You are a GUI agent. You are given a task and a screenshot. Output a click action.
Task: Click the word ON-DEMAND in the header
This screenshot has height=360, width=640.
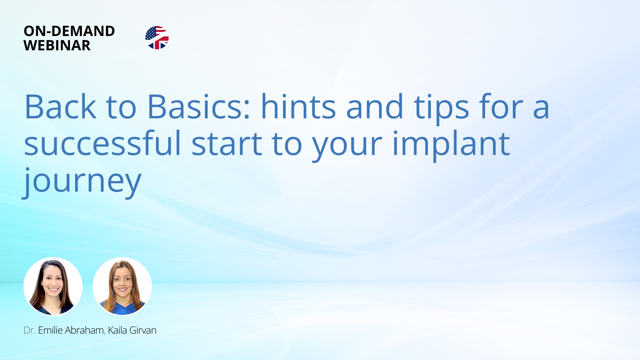tap(69, 31)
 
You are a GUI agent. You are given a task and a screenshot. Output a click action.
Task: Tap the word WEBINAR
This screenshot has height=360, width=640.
tap(57, 45)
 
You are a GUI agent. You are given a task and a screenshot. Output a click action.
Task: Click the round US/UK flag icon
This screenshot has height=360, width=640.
tap(157, 38)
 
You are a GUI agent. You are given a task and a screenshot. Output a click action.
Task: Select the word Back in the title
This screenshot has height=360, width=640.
tap(60, 106)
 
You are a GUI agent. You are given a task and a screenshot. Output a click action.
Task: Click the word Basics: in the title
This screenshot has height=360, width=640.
tap(199, 106)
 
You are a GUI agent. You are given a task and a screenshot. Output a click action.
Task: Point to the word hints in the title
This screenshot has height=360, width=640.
tap(298, 106)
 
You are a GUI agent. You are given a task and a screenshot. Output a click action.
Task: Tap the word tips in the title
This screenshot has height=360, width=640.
tap(441, 108)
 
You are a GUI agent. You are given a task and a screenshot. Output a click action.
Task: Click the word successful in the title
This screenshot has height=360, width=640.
tap(103, 143)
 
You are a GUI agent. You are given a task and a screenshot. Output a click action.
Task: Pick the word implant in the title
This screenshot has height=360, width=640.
tap(451, 145)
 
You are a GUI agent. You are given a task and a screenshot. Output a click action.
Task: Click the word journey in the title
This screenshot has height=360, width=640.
tap(82, 181)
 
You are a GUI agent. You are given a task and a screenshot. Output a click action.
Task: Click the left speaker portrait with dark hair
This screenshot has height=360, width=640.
tap(53, 287)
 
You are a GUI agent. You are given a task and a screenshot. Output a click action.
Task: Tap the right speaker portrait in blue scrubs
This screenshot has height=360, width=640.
tap(122, 287)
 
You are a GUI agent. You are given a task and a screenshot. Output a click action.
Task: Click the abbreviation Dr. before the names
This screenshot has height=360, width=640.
tap(29, 330)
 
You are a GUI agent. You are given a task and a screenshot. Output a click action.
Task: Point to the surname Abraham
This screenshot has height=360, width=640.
tap(85, 330)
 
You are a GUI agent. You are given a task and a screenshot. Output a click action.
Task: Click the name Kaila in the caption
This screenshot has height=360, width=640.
tap(117, 330)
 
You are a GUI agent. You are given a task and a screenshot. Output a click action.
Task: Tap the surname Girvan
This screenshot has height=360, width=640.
tap(143, 330)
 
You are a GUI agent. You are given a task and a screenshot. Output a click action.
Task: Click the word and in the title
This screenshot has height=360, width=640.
tap(375, 106)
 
